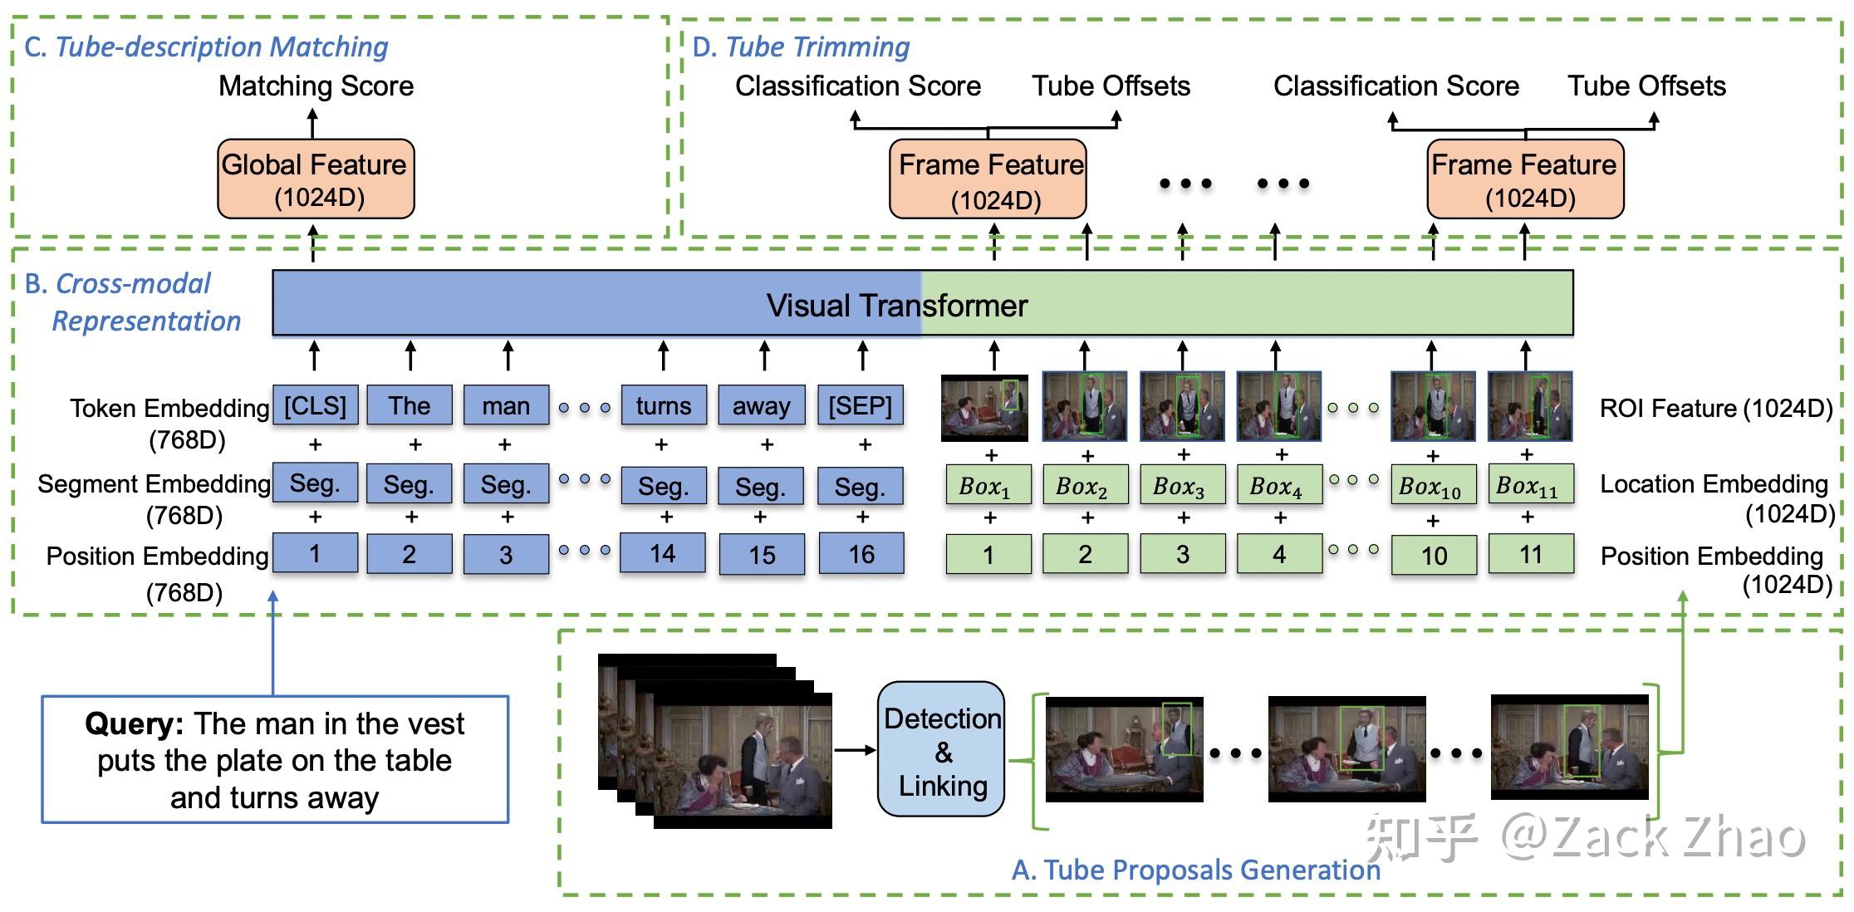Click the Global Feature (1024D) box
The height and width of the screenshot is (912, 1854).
point(315,179)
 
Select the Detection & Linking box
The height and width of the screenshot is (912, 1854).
point(941,749)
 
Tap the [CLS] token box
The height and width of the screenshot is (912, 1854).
point(315,405)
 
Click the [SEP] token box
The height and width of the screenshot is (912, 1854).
point(860,405)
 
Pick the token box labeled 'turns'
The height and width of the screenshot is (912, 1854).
point(663,405)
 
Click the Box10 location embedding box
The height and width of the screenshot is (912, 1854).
point(1432,485)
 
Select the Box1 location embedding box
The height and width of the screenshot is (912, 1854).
point(987,485)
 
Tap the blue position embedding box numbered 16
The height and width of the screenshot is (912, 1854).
point(861,554)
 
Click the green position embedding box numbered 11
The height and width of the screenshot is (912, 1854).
point(1530,554)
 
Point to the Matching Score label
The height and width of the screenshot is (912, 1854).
point(316,86)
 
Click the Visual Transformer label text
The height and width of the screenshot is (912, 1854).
point(896,305)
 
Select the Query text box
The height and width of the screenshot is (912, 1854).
point(275,759)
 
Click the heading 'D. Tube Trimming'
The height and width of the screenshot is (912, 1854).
point(801,47)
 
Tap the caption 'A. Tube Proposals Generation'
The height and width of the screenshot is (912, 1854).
point(1195,870)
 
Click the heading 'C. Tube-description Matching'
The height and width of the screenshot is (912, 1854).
point(206,47)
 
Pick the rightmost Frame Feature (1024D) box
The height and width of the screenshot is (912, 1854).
point(1524,179)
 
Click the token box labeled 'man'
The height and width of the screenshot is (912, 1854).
point(506,405)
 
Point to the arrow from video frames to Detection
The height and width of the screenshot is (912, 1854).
point(854,750)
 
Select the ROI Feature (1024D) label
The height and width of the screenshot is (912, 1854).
point(1715,408)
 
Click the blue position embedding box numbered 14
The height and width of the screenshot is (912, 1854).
point(663,554)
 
